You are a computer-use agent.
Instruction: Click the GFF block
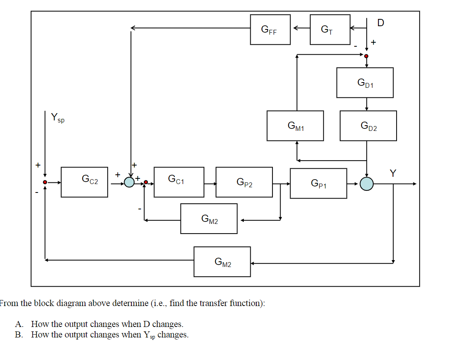click(270, 29)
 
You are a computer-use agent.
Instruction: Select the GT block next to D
click(330, 29)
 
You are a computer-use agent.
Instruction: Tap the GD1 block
click(365, 83)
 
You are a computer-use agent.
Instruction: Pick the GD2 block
click(368, 126)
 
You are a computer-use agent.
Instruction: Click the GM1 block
click(295, 126)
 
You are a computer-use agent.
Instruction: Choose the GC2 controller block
click(84, 182)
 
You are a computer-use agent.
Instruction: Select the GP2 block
click(244, 182)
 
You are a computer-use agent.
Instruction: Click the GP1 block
click(318, 183)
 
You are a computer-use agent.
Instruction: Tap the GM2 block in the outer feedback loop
click(222, 262)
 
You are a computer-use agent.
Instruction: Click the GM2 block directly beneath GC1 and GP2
click(209, 219)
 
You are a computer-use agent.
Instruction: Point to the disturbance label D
click(380, 23)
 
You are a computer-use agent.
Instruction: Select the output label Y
click(393, 173)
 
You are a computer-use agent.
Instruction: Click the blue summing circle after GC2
click(129, 182)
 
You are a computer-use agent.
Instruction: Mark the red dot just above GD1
click(366, 56)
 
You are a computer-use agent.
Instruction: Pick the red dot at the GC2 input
click(46, 182)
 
